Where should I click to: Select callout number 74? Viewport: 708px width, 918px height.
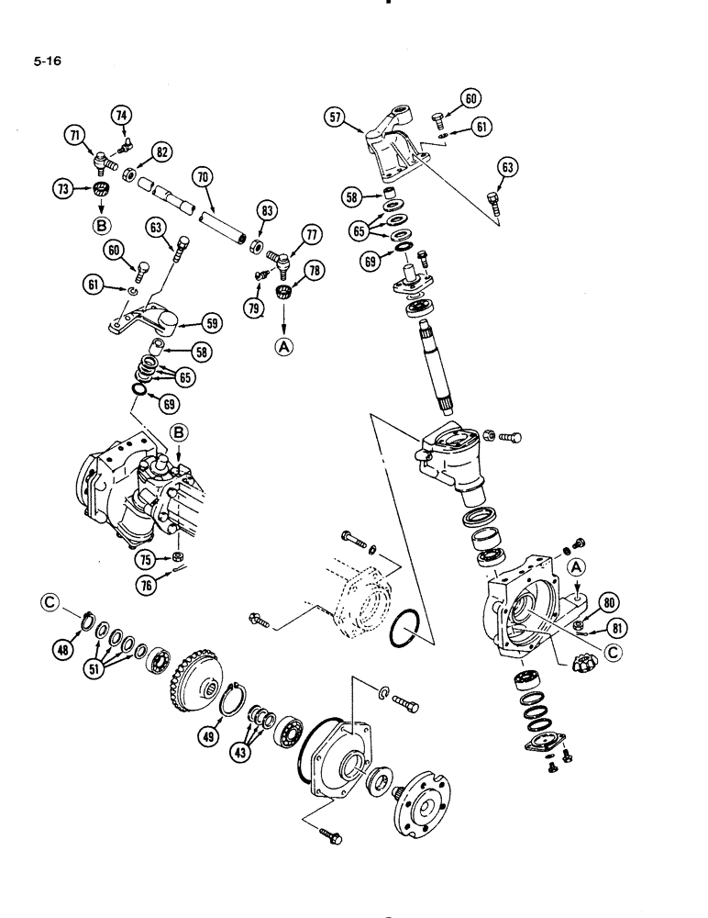122,115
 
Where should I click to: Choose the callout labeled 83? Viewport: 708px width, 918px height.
268,212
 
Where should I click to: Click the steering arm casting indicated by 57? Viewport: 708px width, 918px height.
390,147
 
